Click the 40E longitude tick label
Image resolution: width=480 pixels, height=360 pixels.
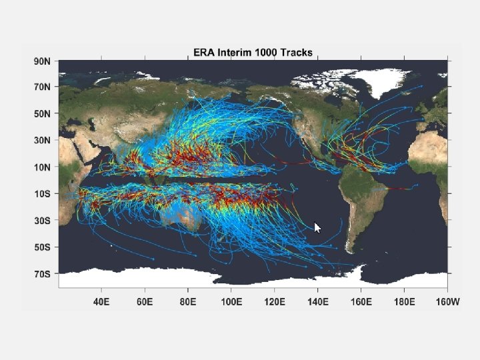point(101,302)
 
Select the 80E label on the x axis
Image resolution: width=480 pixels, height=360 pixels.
point(188,302)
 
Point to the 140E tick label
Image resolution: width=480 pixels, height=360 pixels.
point(318,302)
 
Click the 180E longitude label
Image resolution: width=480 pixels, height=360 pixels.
point(405,302)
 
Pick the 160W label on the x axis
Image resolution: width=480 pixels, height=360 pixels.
point(447,302)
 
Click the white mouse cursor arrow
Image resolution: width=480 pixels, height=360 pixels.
point(317,227)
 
